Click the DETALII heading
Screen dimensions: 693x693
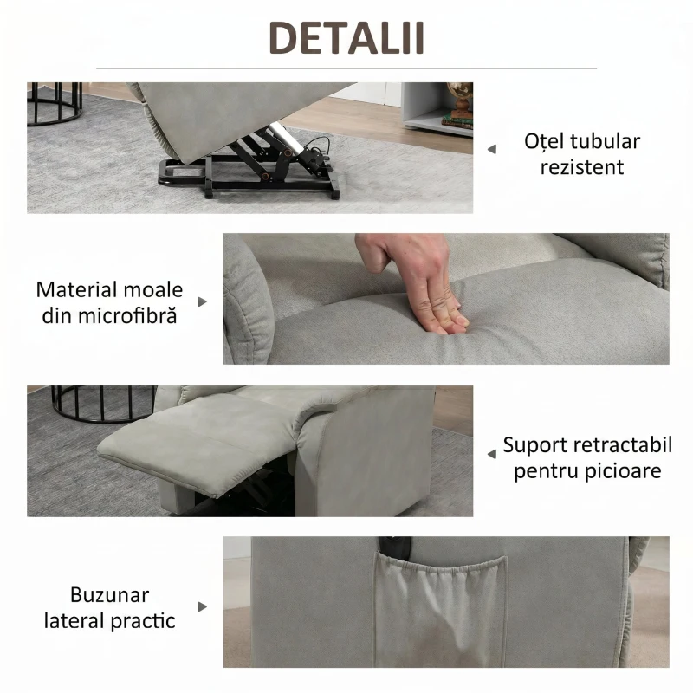346,39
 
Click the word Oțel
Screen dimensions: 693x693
546,141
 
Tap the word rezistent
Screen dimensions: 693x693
582,166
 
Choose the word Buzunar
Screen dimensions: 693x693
110,595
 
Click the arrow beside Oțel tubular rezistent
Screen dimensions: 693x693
492,149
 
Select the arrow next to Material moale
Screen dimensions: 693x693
203,301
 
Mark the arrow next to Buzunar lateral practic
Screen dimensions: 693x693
203,606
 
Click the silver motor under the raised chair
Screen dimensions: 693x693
282,139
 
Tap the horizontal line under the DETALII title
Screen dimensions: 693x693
346,68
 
